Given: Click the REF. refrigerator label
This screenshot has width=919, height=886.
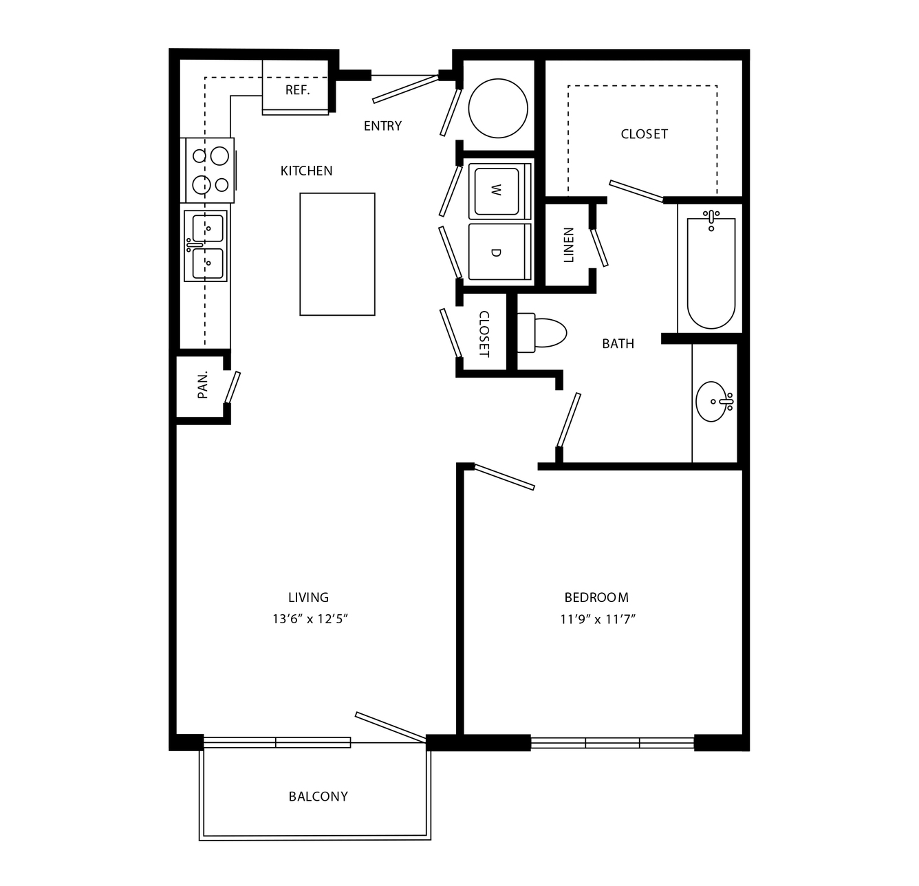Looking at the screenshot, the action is [298, 89].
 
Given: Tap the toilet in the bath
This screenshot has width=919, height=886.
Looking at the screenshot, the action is [541, 332].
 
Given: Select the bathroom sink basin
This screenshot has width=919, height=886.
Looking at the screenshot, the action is [712, 402].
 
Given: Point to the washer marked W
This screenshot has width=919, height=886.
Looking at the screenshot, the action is [499, 191].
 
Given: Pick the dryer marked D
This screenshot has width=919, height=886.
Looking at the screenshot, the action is [499, 252].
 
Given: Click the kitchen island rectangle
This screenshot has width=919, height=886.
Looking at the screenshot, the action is [337, 254].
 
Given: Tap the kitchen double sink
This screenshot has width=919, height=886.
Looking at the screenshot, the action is [206, 246].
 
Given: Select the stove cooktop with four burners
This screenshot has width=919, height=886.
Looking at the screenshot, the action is [207, 170].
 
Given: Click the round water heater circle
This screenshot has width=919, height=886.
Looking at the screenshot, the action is [498, 108].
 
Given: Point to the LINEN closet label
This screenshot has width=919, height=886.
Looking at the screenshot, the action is [569, 245].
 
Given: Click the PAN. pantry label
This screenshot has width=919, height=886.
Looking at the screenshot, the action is [203, 385].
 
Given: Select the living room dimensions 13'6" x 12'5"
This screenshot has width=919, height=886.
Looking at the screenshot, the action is [310, 618].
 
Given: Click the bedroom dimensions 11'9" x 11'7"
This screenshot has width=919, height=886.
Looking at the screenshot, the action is [598, 618].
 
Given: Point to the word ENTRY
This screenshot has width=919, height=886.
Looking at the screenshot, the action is [382, 126].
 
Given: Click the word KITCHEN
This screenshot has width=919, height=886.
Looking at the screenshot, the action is [307, 171].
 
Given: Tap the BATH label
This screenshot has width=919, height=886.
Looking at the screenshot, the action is [618, 344].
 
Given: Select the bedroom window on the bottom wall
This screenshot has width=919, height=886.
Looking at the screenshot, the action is [612, 743].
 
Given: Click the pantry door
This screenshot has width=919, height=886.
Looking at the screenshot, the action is [233, 387].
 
